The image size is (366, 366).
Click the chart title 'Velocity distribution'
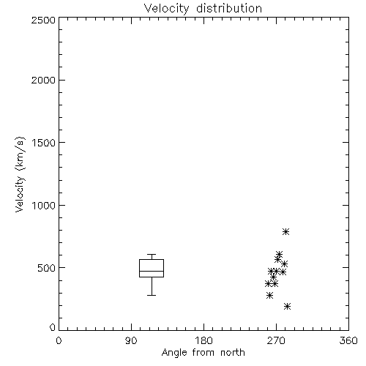203,8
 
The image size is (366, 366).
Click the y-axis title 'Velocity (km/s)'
20,174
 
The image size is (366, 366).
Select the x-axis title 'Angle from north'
203,353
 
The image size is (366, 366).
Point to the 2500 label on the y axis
43,20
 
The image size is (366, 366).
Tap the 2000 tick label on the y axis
43,80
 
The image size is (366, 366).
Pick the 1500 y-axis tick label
44,143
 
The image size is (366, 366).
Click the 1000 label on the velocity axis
44,205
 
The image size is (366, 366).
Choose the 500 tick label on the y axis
47,268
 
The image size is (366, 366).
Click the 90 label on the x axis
131,340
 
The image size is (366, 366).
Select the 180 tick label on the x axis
203,340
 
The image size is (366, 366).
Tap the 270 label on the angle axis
276,340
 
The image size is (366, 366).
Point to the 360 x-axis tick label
348,340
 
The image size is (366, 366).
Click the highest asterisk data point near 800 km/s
286,231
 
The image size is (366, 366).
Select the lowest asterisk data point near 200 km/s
288,306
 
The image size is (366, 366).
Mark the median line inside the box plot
152,271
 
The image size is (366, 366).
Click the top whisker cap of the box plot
152,255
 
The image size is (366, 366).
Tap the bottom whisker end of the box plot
152,295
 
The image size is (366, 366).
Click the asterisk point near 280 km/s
269,296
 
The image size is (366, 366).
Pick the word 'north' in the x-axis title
233,353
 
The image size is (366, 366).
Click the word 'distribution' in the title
229,8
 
